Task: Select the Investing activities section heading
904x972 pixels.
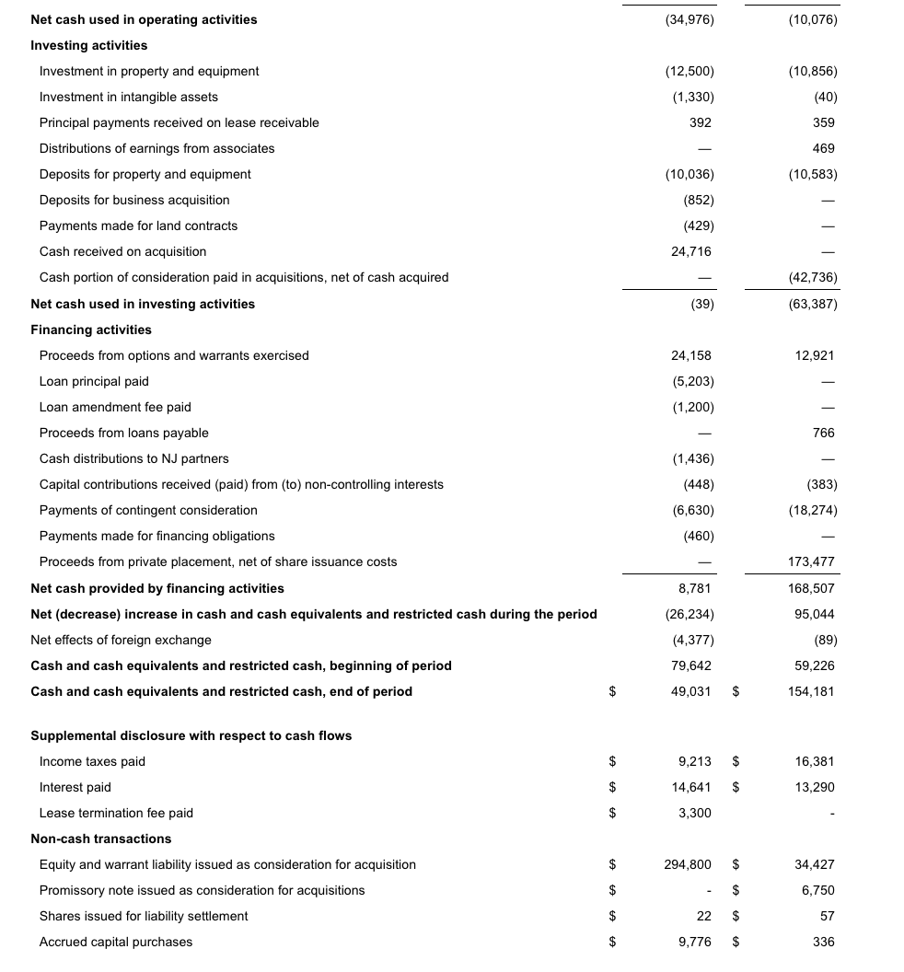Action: pos(88,45)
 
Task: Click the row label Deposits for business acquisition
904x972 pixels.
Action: pos(134,200)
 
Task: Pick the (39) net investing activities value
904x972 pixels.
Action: pos(701,304)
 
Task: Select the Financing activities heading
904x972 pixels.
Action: pos(91,330)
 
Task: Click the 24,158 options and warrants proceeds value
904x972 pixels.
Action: pos(692,355)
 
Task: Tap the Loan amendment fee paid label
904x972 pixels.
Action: pos(115,407)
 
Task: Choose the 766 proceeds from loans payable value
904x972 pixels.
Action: pos(824,433)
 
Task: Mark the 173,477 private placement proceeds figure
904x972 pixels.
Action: pos(812,561)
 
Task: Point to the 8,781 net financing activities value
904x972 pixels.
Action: pos(694,588)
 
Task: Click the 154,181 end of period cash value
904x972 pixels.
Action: pos(812,691)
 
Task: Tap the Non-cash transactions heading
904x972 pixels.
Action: pos(100,839)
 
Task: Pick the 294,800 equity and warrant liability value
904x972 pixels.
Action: pos(688,864)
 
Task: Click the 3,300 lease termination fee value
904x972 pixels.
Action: pos(694,813)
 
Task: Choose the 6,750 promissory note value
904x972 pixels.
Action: pos(818,890)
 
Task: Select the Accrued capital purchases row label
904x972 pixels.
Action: pos(116,942)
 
